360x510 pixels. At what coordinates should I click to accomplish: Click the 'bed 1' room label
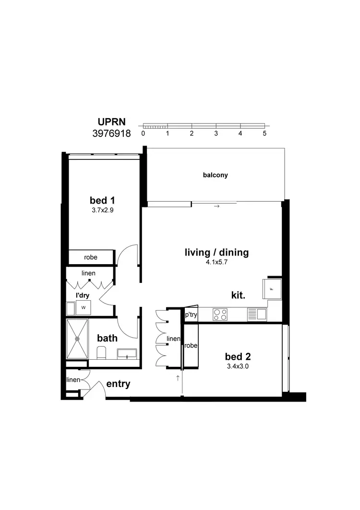(x=102, y=200)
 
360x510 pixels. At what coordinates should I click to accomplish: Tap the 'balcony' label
(x=216, y=175)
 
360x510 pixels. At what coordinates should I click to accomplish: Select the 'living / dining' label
(x=217, y=253)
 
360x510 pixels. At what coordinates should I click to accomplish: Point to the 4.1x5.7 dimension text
(x=217, y=262)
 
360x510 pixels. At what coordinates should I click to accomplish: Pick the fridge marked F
(x=271, y=289)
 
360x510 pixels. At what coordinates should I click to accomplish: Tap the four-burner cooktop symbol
(x=220, y=315)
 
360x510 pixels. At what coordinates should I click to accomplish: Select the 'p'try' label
(x=191, y=315)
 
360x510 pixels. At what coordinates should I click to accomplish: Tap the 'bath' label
(x=108, y=338)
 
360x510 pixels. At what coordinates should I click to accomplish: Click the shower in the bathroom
(x=78, y=339)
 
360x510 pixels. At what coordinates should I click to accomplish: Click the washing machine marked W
(x=83, y=307)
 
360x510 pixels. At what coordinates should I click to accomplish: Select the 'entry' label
(x=118, y=384)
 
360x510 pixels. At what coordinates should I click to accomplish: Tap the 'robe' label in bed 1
(x=91, y=257)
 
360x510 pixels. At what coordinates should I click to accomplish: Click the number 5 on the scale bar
(x=264, y=133)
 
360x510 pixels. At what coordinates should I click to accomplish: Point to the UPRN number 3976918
(x=111, y=134)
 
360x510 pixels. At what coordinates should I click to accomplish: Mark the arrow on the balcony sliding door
(x=216, y=206)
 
